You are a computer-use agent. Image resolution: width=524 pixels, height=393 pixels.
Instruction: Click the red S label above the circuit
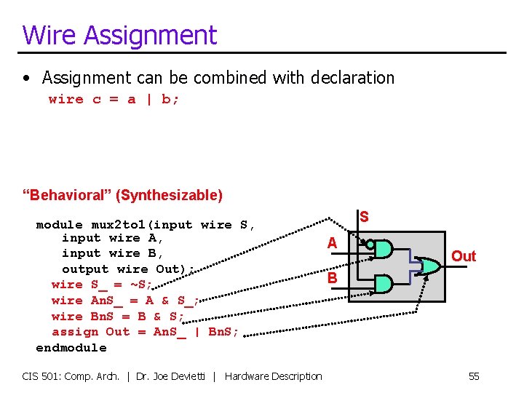pyautogui.click(x=364, y=217)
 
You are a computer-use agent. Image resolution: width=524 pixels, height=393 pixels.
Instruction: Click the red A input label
pyautogui.click(x=332, y=244)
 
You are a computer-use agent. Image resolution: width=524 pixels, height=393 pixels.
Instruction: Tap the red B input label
pyautogui.click(x=332, y=278)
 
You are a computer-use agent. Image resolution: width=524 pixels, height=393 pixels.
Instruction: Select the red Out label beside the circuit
pyautogui.click(x=464, y=256)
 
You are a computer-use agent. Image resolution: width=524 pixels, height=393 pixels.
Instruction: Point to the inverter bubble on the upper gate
pyautogui.click(x=370, y=245)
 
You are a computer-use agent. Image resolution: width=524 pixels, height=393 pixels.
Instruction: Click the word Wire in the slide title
pyautogui.click(x=45, y=35)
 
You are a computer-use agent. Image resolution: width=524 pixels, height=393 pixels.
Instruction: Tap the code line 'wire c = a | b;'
pyautogui.click(x=114, y=99)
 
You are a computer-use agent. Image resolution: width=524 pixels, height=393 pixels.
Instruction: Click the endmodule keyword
pyautogui.click(x=71, y=348)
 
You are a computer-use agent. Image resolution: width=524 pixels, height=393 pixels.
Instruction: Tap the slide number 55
pyautogui.click(x=474, y=376)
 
